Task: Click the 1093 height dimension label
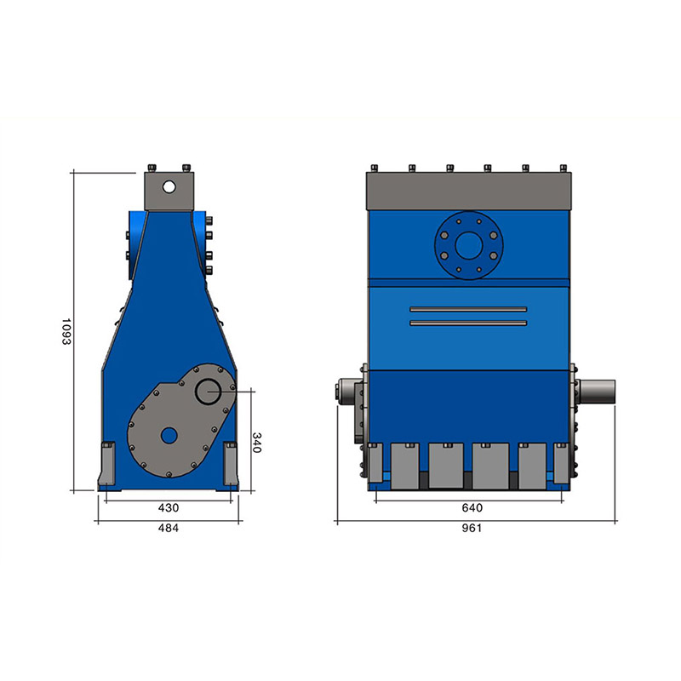click(x=66, y=332)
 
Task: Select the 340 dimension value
click(x=257, y=443)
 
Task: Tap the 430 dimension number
click(x=168, y=507)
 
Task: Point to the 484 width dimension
click(x=168, y=528)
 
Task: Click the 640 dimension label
click(x=472, y=507)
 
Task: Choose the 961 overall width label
click(x=472, y=528)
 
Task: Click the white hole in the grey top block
click(x=169, y=187)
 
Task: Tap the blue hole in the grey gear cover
click(x=169, y=436)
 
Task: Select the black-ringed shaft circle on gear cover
click(x=209, y=391)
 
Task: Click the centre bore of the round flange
click(x=469, y=245)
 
